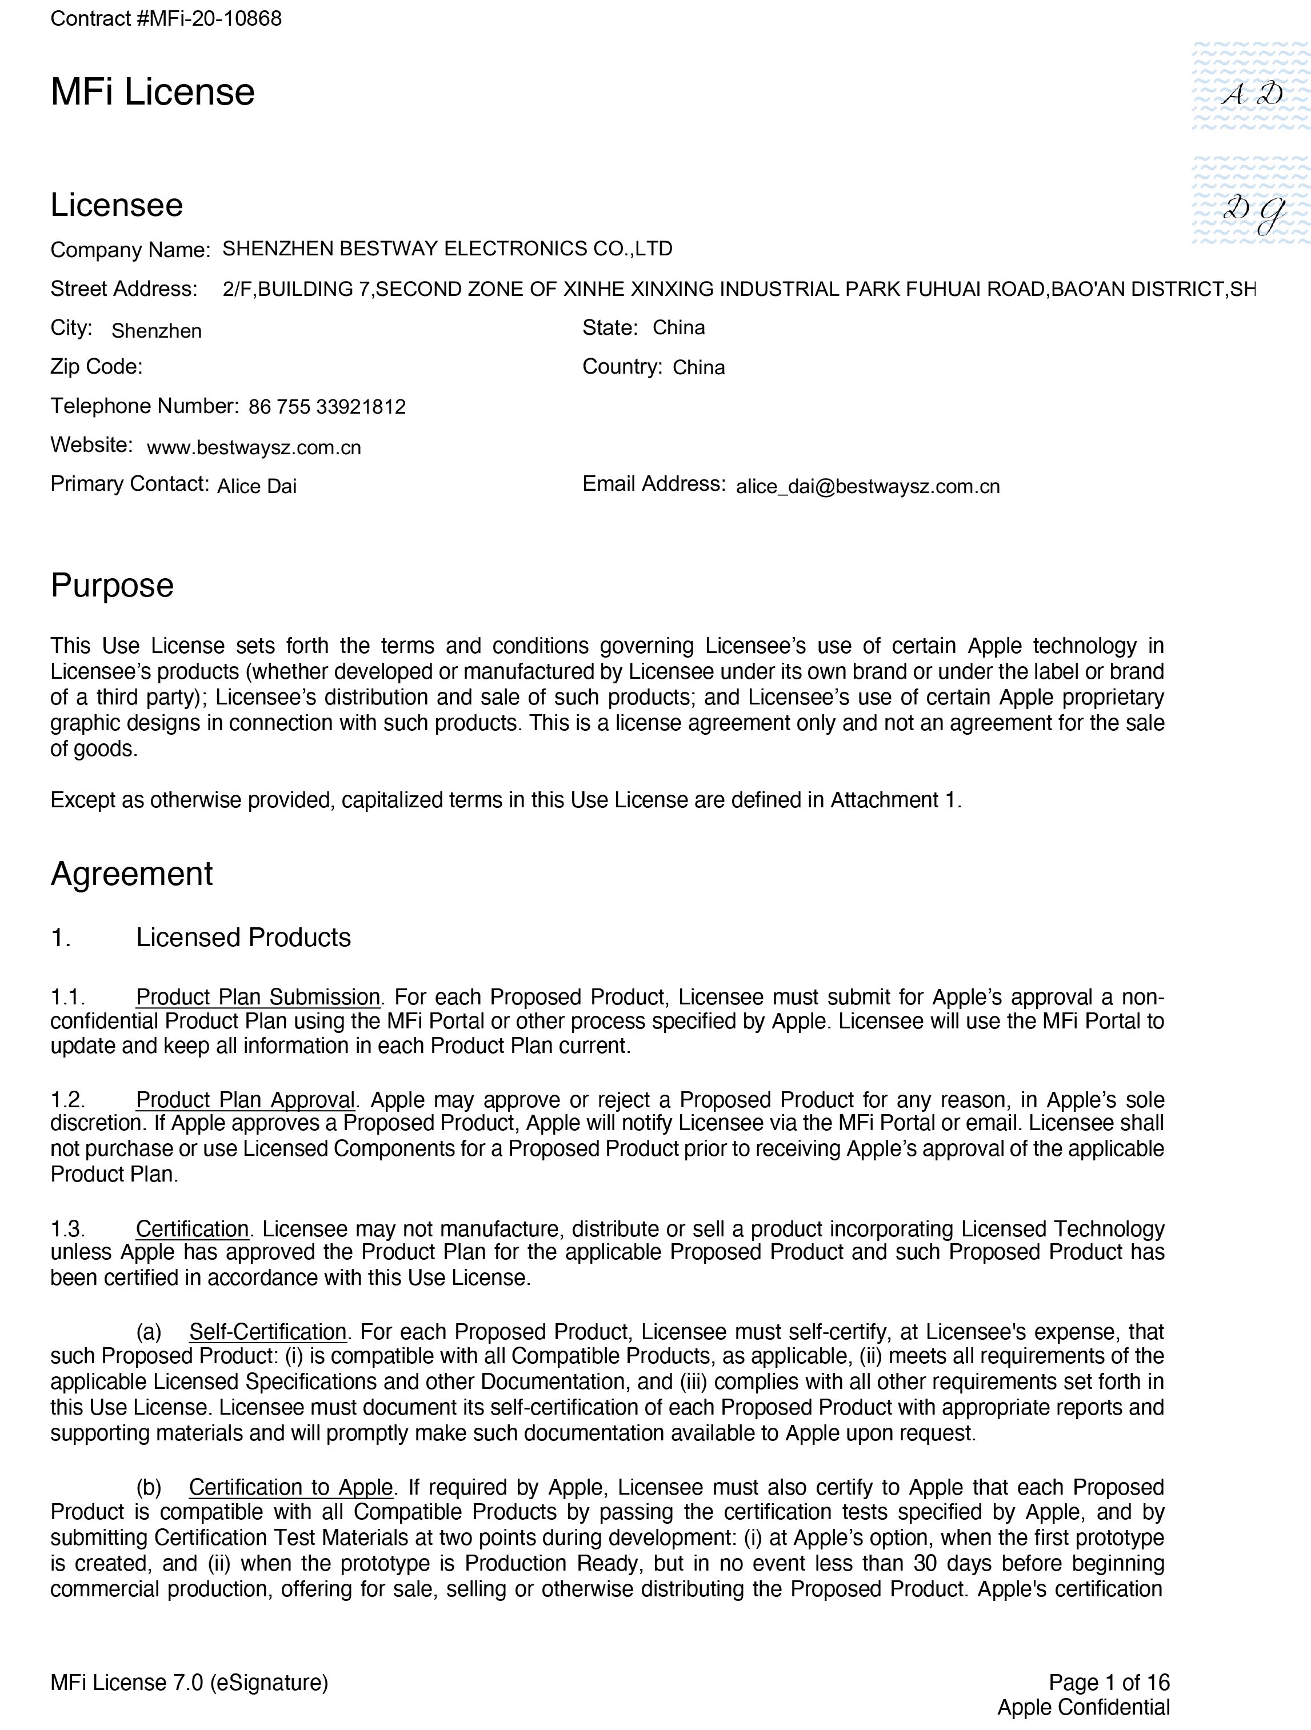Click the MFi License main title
153,93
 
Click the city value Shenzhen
157,331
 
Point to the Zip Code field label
96,367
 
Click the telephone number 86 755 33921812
327,407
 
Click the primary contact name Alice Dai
257,486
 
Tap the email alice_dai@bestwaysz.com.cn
868,486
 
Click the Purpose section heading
112,585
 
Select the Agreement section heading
131,874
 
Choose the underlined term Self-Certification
267,1331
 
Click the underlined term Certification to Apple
290,1487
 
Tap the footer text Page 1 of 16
1108,1681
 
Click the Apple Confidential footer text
1084,1707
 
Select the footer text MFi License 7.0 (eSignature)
189,1681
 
